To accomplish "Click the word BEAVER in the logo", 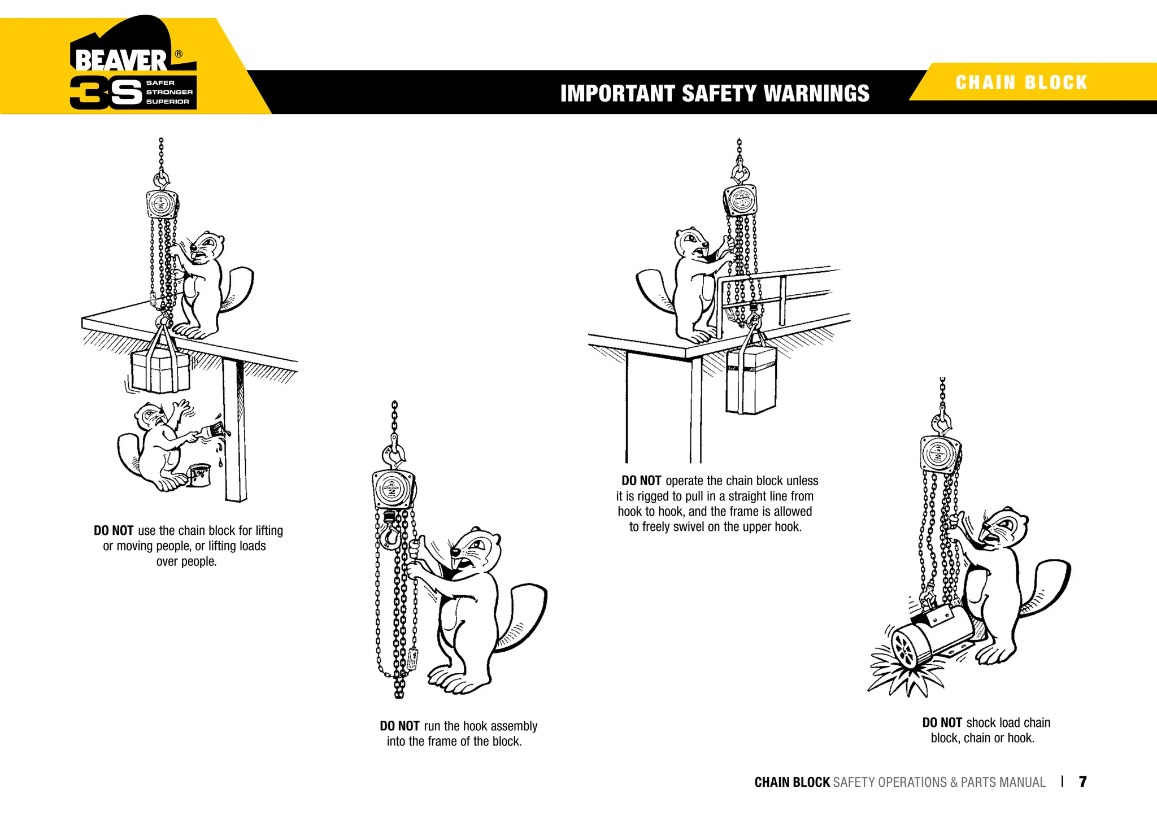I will pos(121,60).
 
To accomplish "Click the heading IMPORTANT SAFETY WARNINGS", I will pos(714,93).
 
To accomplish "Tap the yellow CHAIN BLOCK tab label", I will pos(1021,82).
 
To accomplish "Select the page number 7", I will pos(1082,782).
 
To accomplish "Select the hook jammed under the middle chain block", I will pos(389,534).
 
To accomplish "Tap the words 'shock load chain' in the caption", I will pos(1008,722).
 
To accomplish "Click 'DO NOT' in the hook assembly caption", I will pos(399,726).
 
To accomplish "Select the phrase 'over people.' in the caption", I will pos(186,561).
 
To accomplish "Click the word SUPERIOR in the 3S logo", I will pos(168,102).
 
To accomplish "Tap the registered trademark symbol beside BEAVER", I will pos(179,54).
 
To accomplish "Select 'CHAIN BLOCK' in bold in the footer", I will pos(791,782).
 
